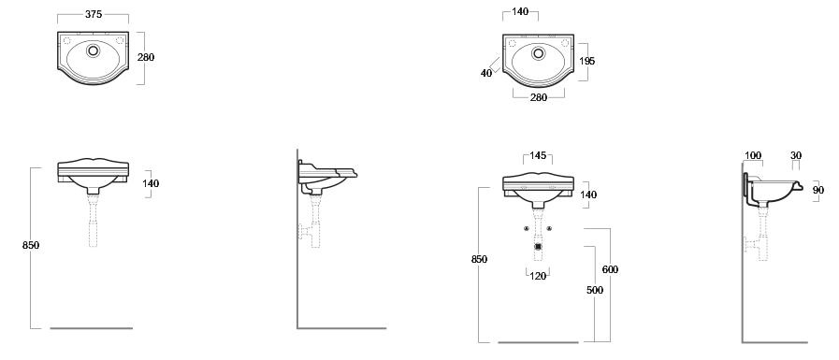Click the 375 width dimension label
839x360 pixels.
[94, 14]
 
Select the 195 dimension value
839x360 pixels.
[587, 61]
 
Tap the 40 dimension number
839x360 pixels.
[485, 73]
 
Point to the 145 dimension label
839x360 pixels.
[538, 155]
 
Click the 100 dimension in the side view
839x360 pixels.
[753, 155]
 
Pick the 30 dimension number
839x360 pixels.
[796, 155]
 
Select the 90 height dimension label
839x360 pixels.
[818, 190]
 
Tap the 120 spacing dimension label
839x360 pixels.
[538, 276]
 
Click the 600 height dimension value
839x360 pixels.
[610, 269]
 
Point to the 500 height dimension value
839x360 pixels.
[595, 290]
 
